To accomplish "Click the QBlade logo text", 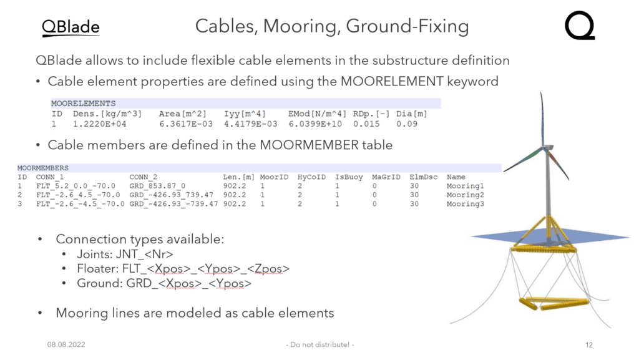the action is pyautogui.click(x=71, y=27).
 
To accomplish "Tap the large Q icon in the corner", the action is pyautogui.click(x=580, y=25).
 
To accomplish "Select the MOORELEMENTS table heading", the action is pyautogui.click(x=83, y=104).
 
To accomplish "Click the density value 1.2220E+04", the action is pyautogui.click(x=99, y=124).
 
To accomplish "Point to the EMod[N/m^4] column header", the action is pyautogui.click(x=317, y=114).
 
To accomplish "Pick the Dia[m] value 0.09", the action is pyautogui.click(x=407, y=124).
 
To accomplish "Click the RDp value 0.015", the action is pyautogui.click(x=366, y=124).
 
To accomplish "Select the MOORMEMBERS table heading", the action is pyautogui.click(x=43, y=168).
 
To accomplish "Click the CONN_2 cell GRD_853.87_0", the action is pyautogui.click(x=157, y=186).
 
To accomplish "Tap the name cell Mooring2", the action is pyautogui.click(x=466, y=195).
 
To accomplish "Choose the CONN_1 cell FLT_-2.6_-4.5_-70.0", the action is pyautogui.click(x=80, y=204).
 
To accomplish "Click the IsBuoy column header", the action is pyautogui.click(x=349, y=177).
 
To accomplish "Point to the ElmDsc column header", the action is pyautogui.click(x=424, y=177).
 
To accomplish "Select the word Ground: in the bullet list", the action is pyautogui.click(x=99, y=283).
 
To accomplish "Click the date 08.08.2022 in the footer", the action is pyautogui.click(x=66, y=344).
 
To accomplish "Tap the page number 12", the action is pyautogui.click(x=589, y=345).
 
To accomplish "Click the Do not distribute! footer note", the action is pyautogui.click(x=320, y=344).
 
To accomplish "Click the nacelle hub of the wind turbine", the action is pyautogui.click(x=547, y=147).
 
